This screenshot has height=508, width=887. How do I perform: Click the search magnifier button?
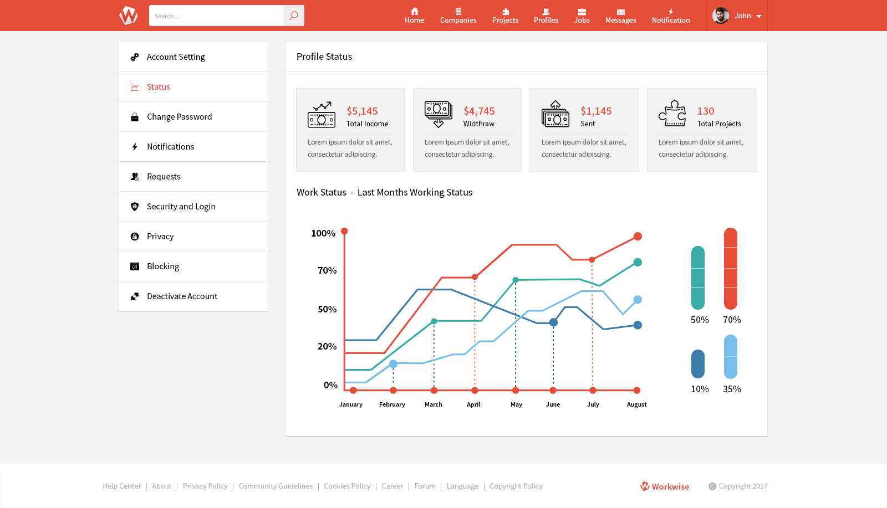click(x=293, y=16)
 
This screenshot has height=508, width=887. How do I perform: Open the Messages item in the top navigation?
click(x=620, y=16)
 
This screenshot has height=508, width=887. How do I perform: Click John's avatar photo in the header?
click(x=720, y=16)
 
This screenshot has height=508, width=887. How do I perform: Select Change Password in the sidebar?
click(x=179, y=117)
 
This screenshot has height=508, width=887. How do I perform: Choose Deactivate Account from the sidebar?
click(x=182, y=296)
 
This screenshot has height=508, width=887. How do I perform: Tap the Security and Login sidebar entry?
click(x=181, y=207)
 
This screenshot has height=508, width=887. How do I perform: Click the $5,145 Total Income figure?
click(x=362, y=111)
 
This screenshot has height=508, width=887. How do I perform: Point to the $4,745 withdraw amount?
click(x=479, y=111)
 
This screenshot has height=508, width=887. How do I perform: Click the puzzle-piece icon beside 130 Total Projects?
click(x=672, y=114)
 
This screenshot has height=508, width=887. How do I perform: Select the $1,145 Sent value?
click(x=596, y=111)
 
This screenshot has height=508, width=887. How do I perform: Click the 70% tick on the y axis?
click(x=327, y=270)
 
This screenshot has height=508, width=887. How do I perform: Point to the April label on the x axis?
click(x=473, y=404)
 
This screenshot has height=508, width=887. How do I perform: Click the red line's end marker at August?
click(x=638, y=237)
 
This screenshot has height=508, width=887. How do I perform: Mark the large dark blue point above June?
click(x=553, y=322)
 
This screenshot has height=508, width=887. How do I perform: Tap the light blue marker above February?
click(x=393, y=364)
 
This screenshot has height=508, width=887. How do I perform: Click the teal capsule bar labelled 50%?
click(x=698, y=278)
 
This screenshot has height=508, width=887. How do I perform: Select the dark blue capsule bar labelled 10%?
click(x=698, y=364)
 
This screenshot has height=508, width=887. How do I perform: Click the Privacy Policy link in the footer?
click(x=205, y=486)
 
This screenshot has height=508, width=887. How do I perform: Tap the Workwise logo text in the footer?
click(x=670, y=486)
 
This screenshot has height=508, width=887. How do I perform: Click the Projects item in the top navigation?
click(x=505, y=16)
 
